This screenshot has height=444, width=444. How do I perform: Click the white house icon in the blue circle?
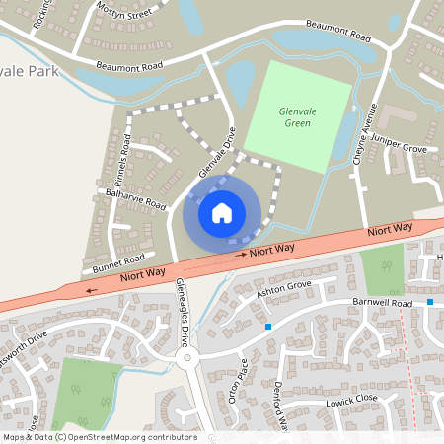222,212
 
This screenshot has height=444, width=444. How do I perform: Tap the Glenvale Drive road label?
218,154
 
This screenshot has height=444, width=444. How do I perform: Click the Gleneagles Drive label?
182,307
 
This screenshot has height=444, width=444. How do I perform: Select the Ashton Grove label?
283,290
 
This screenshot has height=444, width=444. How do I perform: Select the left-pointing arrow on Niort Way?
92,290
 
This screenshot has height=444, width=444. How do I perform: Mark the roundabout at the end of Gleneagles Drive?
187,358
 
